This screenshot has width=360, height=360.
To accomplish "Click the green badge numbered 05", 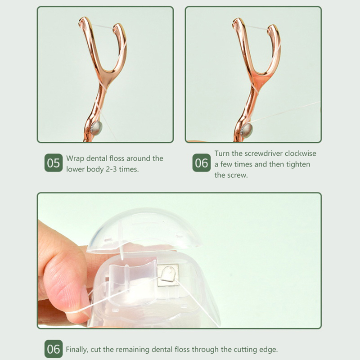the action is tap(54, 163).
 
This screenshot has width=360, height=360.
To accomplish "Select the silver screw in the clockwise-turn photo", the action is tap(247, 130).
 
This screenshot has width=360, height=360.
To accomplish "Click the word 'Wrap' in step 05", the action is tap(75, 159).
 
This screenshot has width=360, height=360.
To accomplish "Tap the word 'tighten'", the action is tap(298, 164).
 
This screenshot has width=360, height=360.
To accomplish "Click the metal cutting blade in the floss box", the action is tap(168, 275).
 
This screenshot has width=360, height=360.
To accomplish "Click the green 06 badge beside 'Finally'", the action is tap(54, 349).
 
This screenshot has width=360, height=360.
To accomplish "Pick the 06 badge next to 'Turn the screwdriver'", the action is tap(201, 163).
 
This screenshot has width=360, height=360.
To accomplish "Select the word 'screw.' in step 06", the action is tap(231, 175).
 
